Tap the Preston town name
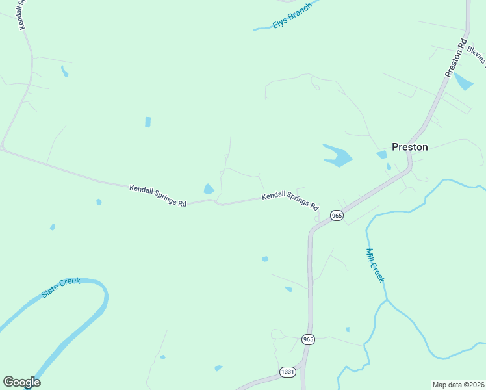(409, 147)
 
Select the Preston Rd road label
(456, 58)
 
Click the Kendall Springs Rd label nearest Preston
(290, 201)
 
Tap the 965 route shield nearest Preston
(336, 215)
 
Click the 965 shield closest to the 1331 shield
(308, 339)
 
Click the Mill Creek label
(376, 265)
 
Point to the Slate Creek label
(60, 288)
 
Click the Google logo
(21, 382)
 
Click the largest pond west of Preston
(337, 155)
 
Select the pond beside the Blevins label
(463, 81)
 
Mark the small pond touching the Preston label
(381, 155)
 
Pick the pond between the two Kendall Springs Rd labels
(209, 189)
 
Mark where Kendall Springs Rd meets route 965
(316, 219)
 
